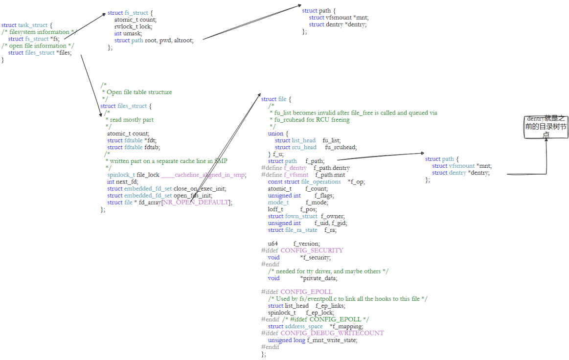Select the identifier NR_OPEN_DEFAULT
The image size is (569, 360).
(195, 202)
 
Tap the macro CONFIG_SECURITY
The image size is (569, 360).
(312, 250)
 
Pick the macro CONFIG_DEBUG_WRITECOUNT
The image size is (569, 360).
(332, 333)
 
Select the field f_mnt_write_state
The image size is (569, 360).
(332, 340)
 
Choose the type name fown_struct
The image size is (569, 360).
(301, 216)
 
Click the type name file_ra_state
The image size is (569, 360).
(301, 230)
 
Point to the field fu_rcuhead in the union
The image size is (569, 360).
(341, 147)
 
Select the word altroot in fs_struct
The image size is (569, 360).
(183, 40)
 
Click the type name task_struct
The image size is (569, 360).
(34, 25)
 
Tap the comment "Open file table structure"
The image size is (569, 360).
(139, 92)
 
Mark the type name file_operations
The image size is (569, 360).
(320, 182)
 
